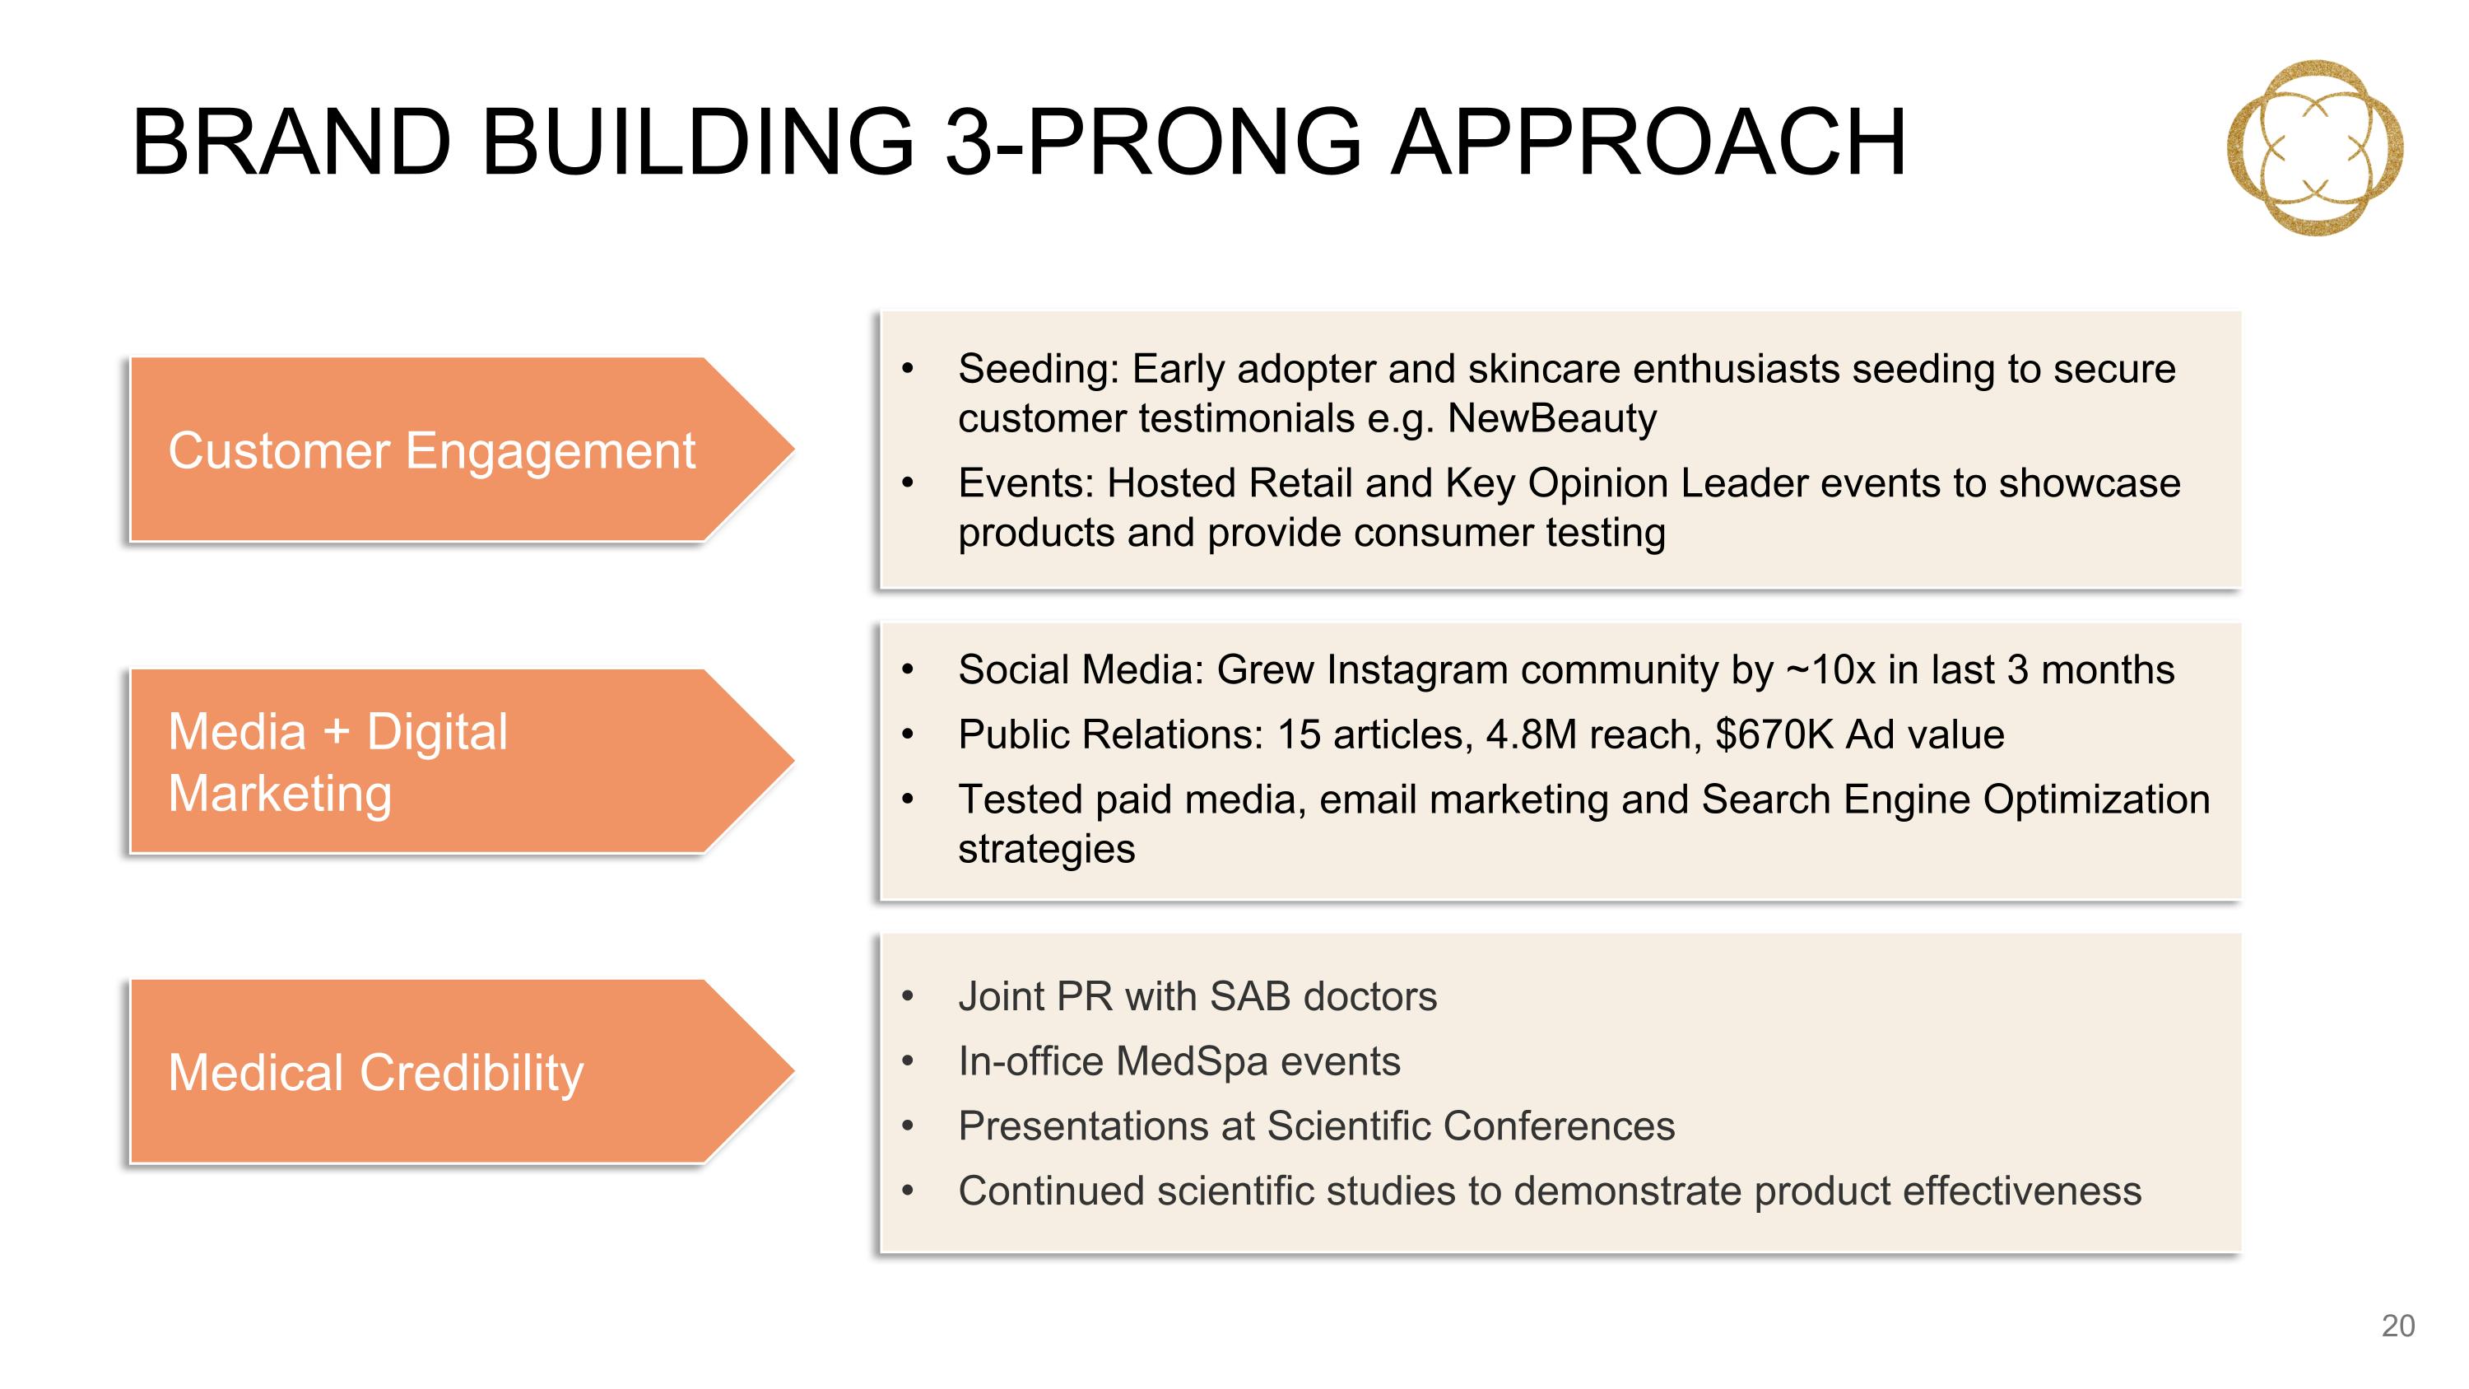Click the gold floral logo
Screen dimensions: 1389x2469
coord(2313,147)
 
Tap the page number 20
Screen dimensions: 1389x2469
coord(2397,1326)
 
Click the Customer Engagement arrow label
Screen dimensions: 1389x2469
coord(431,450)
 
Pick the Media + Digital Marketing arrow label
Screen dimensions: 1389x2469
coord(337,762)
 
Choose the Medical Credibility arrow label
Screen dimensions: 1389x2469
coord(376,1072)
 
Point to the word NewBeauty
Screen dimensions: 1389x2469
coord(1551,418)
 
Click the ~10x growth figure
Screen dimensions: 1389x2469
coord(1830,669)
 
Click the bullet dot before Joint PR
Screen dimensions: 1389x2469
coord(908,997)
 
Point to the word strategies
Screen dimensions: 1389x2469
coord(1047,850)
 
